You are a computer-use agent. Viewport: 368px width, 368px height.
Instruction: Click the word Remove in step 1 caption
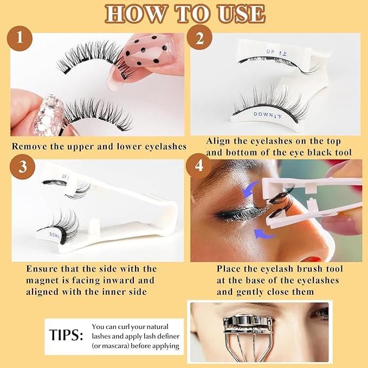click(29, 146)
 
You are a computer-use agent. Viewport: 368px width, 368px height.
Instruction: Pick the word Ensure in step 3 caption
click(44, 269)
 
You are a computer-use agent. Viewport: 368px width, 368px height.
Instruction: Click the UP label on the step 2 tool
click(270, 52)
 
